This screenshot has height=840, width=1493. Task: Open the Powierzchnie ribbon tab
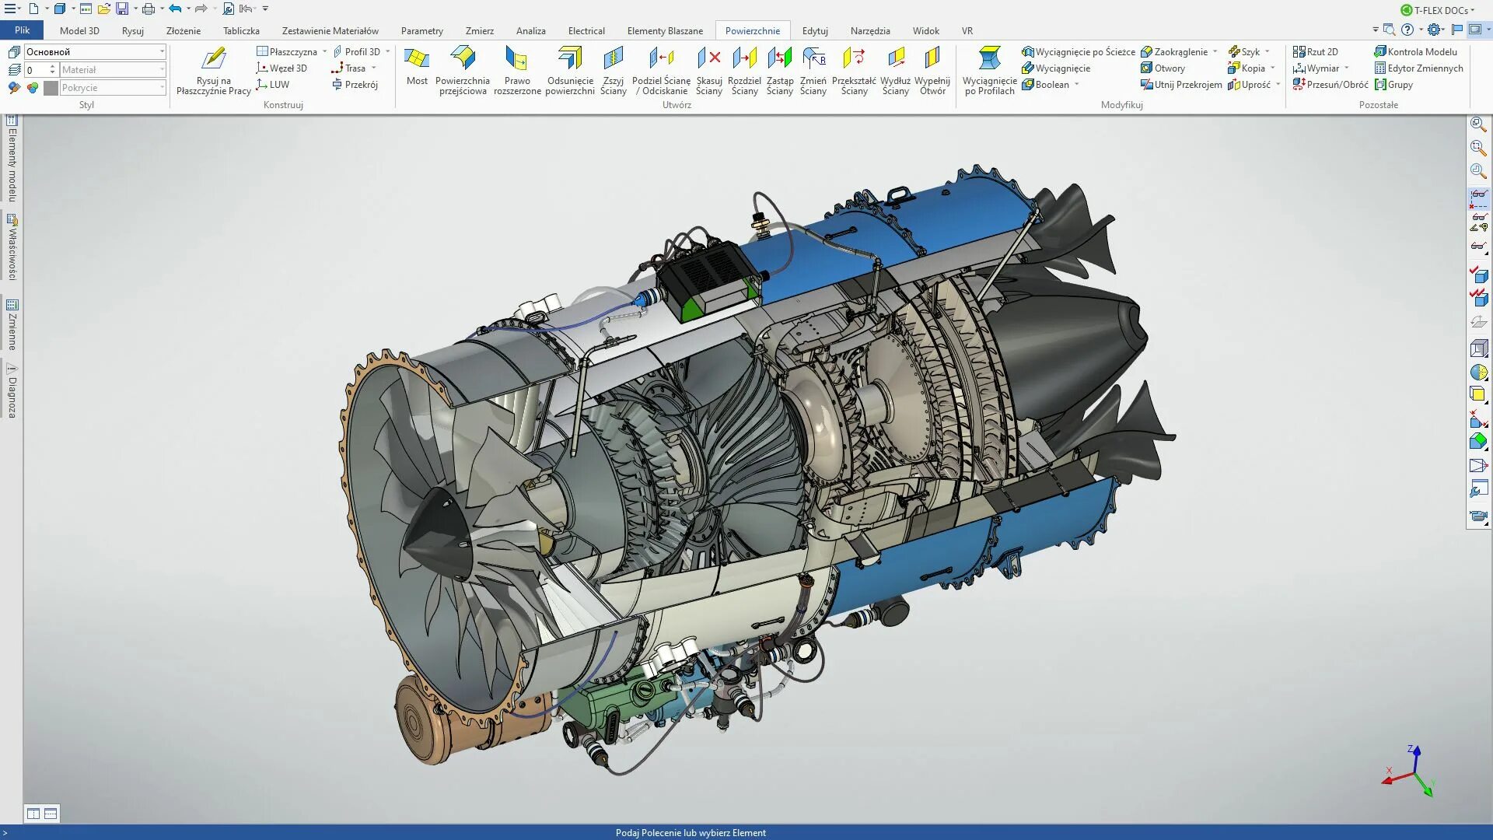click(752, 31)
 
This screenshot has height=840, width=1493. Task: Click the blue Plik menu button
click(22, 30)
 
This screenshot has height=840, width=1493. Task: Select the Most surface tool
click(417, 67)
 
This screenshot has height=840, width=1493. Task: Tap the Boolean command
click(1051, 85)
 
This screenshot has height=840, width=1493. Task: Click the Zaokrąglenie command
click(1180, 52)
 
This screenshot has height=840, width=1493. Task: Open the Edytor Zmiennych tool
click(1424, 68)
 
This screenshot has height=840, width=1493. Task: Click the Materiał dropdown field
click(112, 70)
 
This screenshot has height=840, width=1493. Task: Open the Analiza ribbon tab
click(530, 31)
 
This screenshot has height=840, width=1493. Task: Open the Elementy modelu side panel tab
click(12, 159)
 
